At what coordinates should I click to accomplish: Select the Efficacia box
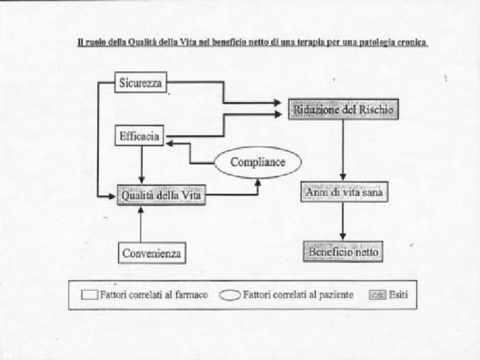[x=139, y=136]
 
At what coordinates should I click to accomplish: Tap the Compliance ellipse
[x=257, y=162]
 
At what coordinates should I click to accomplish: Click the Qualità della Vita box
[x=161, y=195]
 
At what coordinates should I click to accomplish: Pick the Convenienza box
[x=152, y=253]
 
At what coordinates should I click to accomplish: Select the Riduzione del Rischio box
[x=343, y=109]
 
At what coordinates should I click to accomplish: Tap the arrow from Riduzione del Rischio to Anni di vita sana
[x=343, y=150]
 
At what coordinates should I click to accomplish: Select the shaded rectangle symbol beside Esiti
[x=378, y=295]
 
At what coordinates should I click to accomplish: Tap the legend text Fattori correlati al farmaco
[x=153, y=294]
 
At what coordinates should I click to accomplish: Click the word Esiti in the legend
[x=400, y=294]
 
